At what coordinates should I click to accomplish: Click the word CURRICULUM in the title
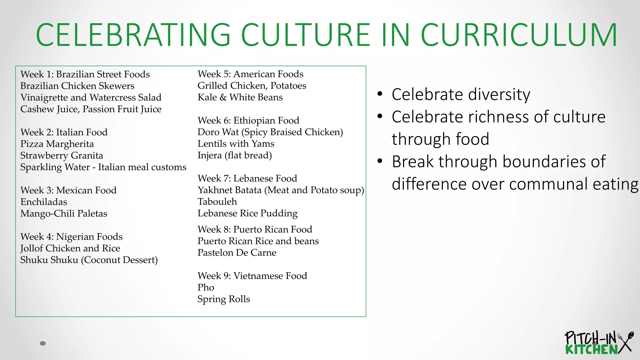point(519,35)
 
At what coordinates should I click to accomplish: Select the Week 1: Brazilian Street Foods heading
point(85,74)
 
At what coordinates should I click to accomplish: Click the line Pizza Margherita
point(57,144)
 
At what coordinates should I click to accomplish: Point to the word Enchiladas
point(44,202)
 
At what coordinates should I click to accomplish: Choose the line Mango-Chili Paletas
point(64,214)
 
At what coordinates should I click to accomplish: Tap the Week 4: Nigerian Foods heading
point(71,237)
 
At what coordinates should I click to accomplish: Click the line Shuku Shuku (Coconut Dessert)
point(89,260)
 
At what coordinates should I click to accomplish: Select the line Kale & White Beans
point(240,97)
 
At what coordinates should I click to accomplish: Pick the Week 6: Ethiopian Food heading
point(248,121)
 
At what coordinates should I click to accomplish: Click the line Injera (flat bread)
point(235,155)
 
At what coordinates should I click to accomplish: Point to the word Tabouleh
point(217,202)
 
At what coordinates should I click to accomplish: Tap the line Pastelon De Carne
point(237,253)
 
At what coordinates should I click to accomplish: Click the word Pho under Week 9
point(206,287)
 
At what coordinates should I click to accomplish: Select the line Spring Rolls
point(224,299)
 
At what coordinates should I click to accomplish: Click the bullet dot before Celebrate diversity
point(380,94)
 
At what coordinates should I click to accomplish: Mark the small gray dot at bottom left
point(43,343)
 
